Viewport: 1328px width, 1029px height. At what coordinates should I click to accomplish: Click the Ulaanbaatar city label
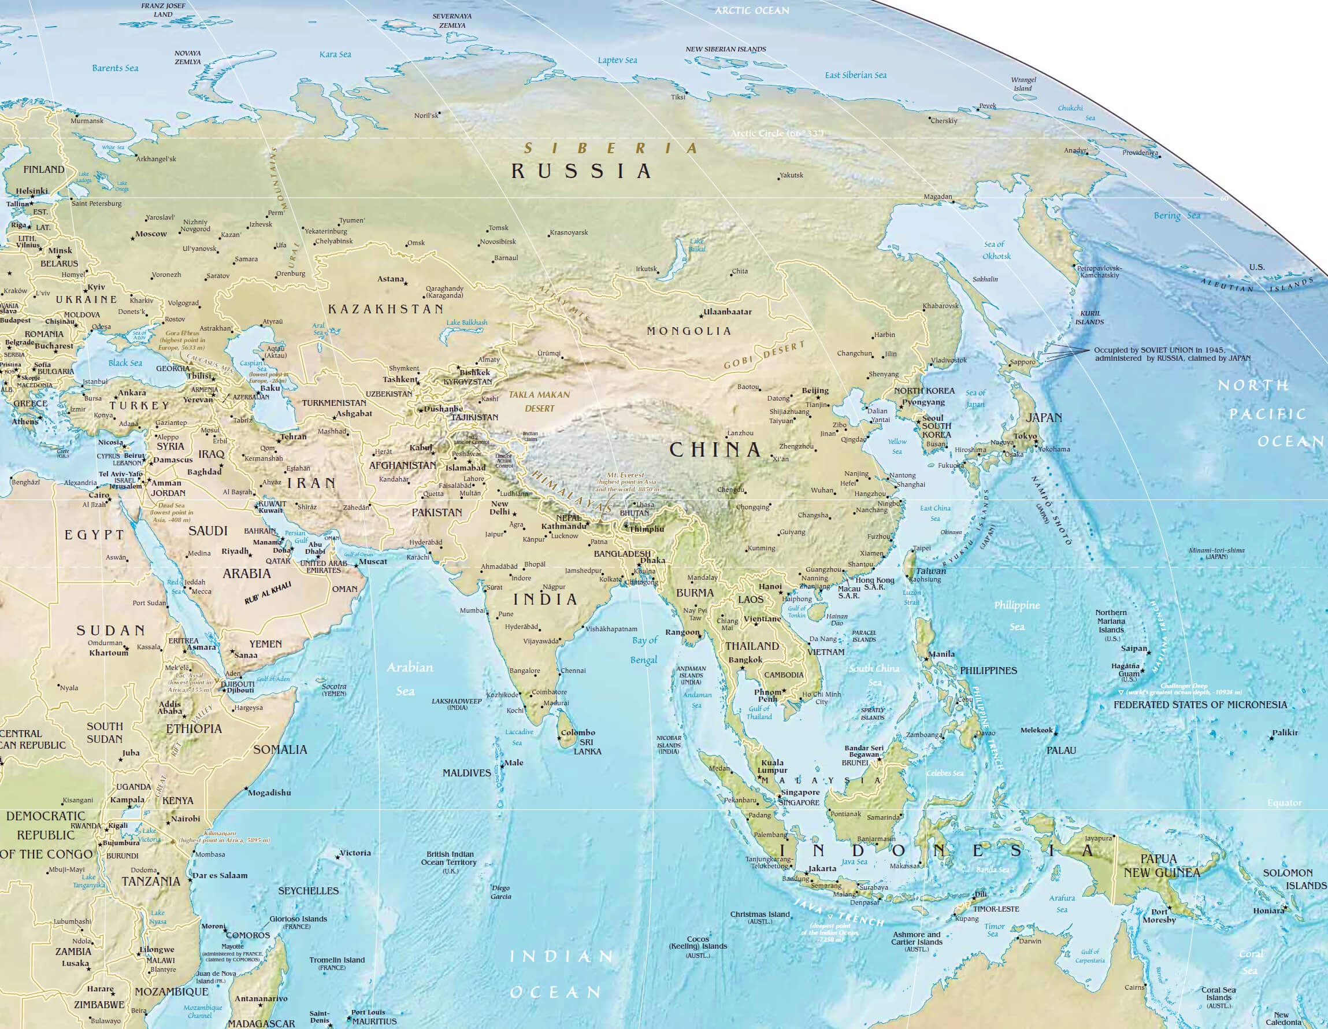(727, 312)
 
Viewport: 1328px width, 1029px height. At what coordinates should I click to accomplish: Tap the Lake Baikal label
(697, 245)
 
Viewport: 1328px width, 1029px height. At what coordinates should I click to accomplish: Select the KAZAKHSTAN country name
(386, 309)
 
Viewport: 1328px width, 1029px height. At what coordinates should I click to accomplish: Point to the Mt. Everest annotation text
(627, 482)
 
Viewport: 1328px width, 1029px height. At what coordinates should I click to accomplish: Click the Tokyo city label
(1025, 436)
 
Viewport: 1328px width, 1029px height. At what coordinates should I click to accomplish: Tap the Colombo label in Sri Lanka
(578, 732)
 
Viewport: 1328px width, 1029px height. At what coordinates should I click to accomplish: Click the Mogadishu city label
(270, 793)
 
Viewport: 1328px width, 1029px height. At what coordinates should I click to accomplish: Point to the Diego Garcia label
(501, 892)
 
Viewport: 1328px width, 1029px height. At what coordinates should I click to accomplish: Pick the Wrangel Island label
(1023, 84)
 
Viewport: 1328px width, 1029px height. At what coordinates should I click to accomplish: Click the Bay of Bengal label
(644, 650)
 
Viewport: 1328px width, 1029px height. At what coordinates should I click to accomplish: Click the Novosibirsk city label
(498, 242)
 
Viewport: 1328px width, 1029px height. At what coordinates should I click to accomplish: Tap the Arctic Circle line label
(780, 133)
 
